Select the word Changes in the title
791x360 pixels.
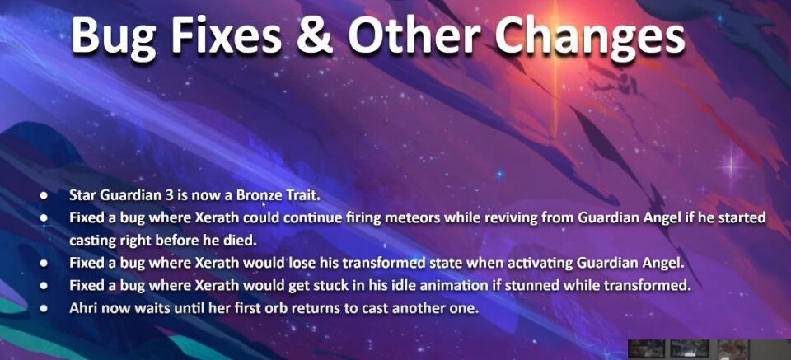[589, 37]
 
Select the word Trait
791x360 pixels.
[302, 195]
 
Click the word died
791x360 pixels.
[244, 241]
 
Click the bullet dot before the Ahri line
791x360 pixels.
[44, 308]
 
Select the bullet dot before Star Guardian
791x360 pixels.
[44, 195]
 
